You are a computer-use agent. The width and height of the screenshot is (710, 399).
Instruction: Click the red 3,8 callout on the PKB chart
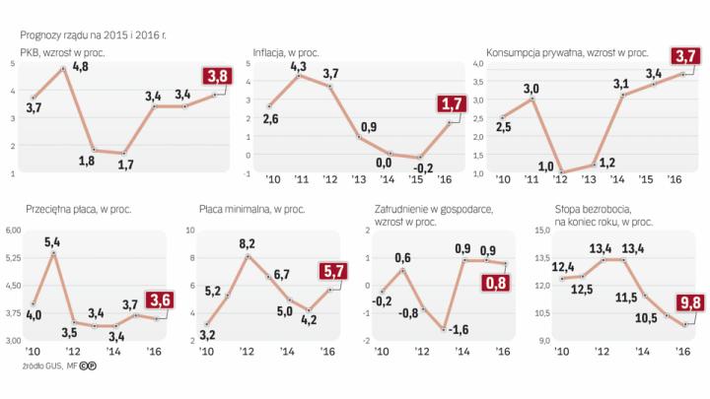click(216, 77)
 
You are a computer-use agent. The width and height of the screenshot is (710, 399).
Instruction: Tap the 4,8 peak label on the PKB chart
click(81, 65)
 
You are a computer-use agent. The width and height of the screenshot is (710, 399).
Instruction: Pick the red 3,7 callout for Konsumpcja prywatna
click(681, 56)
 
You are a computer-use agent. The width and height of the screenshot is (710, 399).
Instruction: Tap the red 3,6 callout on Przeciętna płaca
click(158, 300)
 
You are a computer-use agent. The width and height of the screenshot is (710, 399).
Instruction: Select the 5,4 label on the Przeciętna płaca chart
click(52, 241)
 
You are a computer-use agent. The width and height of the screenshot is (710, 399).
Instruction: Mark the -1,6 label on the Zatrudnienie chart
click(460, 328)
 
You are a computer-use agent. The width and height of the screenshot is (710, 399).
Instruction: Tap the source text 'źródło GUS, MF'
click(39, 366)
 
